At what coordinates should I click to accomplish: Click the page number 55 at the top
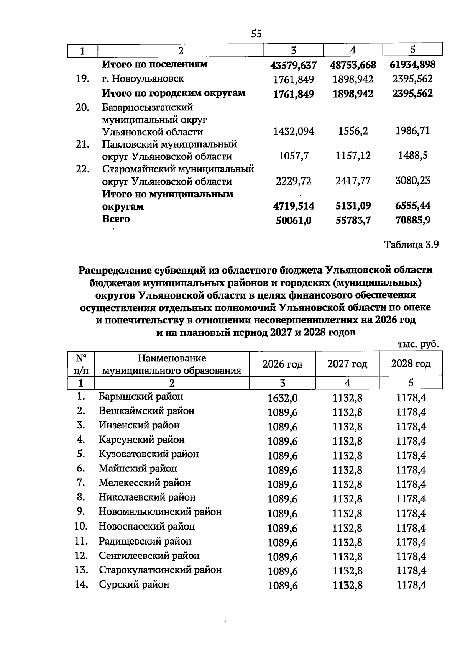click(256, 34)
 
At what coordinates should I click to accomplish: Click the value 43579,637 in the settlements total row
click(293, 65)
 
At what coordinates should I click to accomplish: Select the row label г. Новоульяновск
click(143, 79)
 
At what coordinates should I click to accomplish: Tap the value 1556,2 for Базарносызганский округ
click(353, 131)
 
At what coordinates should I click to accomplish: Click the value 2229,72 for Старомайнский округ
click(293, 181)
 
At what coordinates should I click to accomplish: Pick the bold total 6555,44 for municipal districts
click(412, 206)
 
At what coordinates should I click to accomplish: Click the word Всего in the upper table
click(116, 219)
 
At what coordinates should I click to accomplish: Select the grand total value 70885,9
click(412, 220)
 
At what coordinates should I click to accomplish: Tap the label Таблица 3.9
click(411, 245)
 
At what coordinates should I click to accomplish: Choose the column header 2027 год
click(347, 364)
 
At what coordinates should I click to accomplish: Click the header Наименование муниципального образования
click(172, 364)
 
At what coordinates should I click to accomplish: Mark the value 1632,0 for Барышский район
click(282, 398)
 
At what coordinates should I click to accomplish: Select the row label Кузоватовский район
click(148, 454)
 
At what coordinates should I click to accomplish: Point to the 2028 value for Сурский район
click(411, 585)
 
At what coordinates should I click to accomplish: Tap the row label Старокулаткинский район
click(160, 570)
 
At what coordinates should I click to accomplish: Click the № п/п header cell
click(80, 364)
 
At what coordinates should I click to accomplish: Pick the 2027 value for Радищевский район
click(347, 542)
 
